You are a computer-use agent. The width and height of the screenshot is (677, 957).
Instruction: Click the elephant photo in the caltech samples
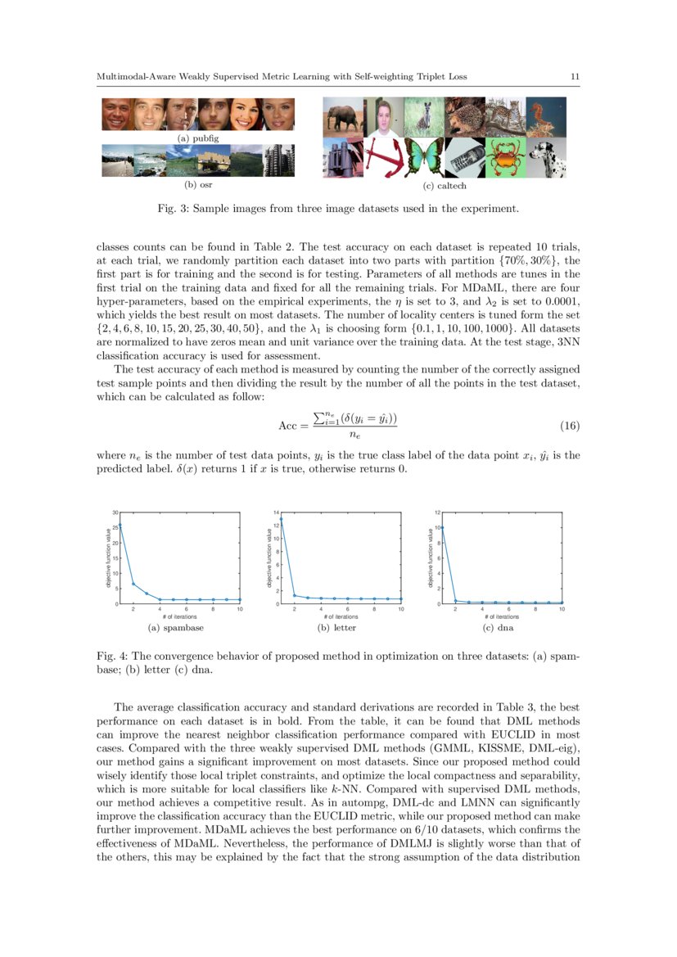point(343,116)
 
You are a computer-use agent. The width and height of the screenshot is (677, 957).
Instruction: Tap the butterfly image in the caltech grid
point(424,157)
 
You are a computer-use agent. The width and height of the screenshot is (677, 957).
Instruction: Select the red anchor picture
point(384,157)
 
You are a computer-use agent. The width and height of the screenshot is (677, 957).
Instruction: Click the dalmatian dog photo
point(546,157)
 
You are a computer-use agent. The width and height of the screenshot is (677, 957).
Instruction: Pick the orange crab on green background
point(505,157)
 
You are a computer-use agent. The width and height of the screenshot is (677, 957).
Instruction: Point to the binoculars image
point(343,157)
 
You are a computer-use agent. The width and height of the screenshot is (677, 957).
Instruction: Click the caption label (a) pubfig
point(198,138)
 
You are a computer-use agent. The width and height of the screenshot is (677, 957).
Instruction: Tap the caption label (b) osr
point(198,185)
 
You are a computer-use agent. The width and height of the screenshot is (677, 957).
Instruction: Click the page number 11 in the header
point(575,77)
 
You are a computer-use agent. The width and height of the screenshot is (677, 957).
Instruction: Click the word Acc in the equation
point(287,427)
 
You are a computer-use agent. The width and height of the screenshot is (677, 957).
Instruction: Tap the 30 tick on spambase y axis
point(115,512)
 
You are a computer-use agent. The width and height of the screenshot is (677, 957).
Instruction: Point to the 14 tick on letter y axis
point(277,512)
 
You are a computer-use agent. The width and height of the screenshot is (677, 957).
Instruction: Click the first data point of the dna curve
point(443,527)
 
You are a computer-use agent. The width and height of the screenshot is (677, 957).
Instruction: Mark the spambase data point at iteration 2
point(133,584)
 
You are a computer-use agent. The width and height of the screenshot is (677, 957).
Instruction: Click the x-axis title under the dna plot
point(502,616)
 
